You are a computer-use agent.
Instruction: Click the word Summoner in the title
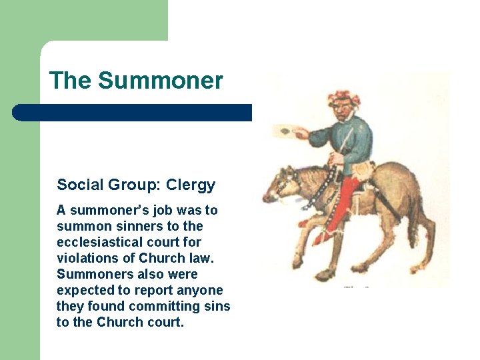pos(160,81)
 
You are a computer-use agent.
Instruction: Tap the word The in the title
pos(70,81)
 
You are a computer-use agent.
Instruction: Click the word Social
pos(78,185)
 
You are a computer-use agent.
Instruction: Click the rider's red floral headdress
pos(343,97)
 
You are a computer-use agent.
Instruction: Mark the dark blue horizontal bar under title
pos(133,112)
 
